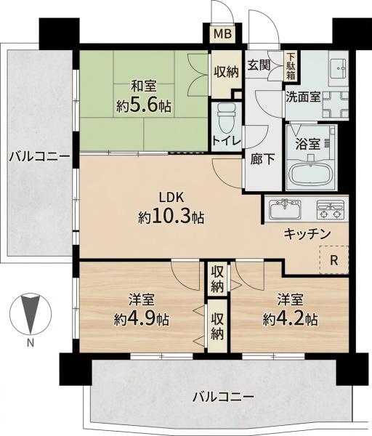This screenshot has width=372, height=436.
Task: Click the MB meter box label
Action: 222,34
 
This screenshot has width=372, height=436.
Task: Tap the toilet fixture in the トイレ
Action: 227,118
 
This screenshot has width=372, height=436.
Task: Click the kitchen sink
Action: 285,209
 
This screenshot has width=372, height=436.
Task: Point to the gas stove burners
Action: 330,209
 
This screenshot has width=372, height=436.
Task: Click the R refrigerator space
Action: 334,260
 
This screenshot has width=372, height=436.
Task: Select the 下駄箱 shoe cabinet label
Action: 290,66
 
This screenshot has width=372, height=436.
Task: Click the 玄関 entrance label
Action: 259,65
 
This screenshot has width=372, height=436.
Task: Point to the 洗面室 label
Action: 303,97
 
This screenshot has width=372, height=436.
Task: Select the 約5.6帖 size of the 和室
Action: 144,105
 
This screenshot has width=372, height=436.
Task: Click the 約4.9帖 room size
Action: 142,319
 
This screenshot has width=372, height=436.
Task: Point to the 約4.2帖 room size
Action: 290,319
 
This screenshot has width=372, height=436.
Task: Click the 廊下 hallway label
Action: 262,159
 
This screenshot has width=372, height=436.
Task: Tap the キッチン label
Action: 307,234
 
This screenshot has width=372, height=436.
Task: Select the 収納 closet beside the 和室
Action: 226,72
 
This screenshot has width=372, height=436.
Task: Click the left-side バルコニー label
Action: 39,157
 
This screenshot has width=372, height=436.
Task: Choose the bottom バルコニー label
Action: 224,397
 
